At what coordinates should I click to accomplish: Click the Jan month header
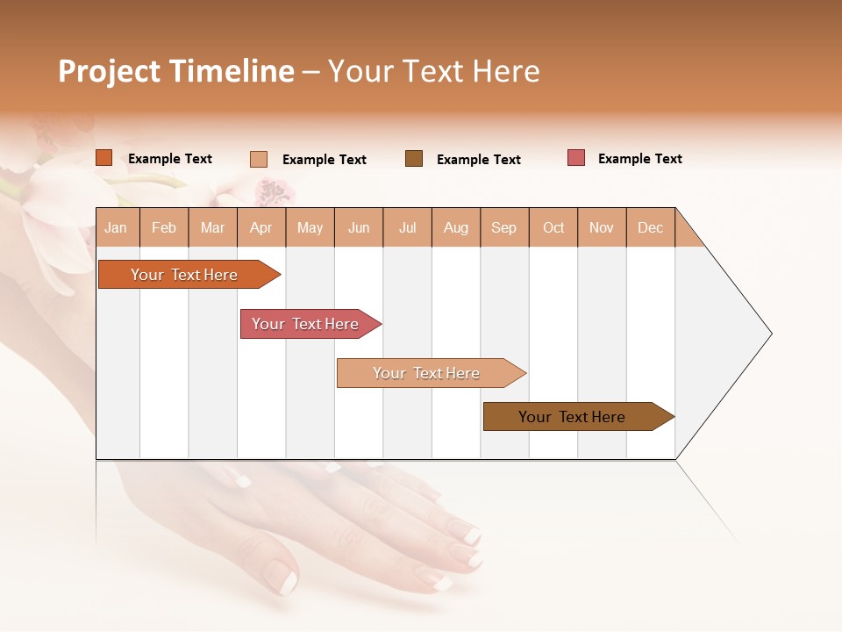tap(116, 227)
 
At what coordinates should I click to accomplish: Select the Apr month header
tap(260, 227)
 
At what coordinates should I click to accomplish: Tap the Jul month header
tap(407, 227)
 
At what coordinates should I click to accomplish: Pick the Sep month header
tap(503, 227)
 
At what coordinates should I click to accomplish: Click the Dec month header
tap(650, 227)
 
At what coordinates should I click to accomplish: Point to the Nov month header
tap(601, 227)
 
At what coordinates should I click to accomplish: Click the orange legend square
tap(104, 158)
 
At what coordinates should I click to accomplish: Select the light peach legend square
tap(259, 159)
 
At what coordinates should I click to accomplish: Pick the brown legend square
tap(414, 158)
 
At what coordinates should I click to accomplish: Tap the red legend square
tap(576, 158)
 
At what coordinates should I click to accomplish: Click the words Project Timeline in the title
tap(175, 71)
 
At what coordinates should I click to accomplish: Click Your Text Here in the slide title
tap(433, 71)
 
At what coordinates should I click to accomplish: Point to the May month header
tap(310, 227)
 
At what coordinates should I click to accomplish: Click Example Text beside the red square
tap(639, 159)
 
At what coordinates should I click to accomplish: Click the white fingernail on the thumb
tap(285, 579)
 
